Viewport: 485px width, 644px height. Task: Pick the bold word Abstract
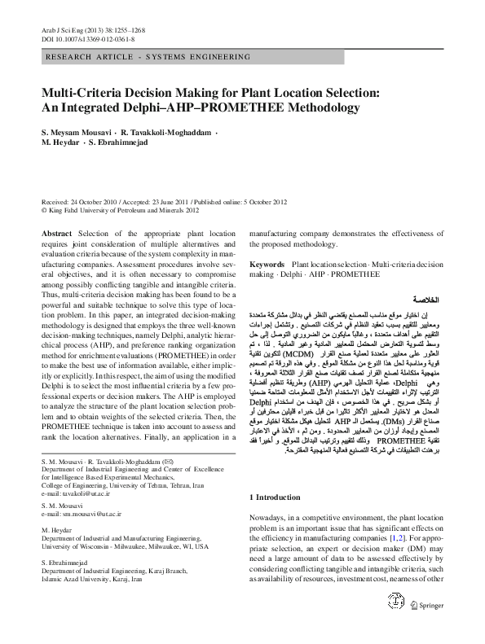click(x=56, y=233)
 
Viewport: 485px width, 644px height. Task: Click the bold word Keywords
click(x=267, y=265)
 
